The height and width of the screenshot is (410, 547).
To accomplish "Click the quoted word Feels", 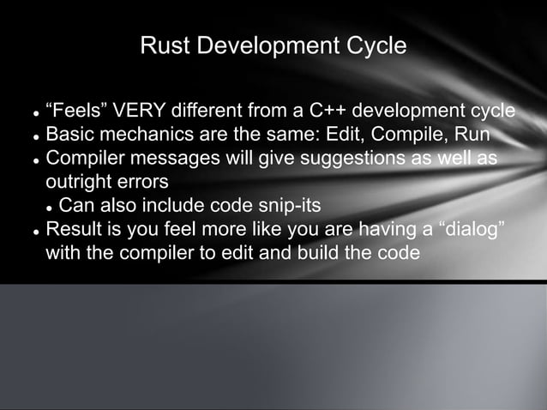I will click(x=73, y=112).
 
